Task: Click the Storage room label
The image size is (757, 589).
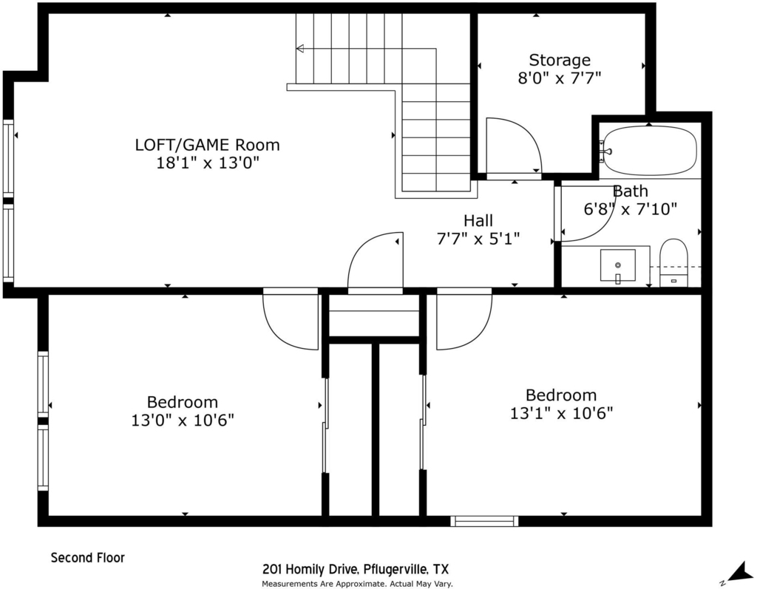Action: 560,60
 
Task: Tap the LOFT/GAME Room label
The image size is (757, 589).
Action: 207,145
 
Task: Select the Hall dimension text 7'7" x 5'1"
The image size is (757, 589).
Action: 478,239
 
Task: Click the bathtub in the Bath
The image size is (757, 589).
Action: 650,150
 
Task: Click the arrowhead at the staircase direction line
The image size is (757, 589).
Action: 300,48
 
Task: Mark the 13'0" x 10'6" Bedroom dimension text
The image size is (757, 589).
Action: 183,421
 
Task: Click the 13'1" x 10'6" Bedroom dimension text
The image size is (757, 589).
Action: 562,413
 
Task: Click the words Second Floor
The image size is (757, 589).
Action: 88,558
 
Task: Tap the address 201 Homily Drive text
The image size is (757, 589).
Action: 310,569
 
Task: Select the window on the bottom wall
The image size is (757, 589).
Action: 484,521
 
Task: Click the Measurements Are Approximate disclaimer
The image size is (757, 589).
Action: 357,584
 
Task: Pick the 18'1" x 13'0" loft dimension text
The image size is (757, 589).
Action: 208,163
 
